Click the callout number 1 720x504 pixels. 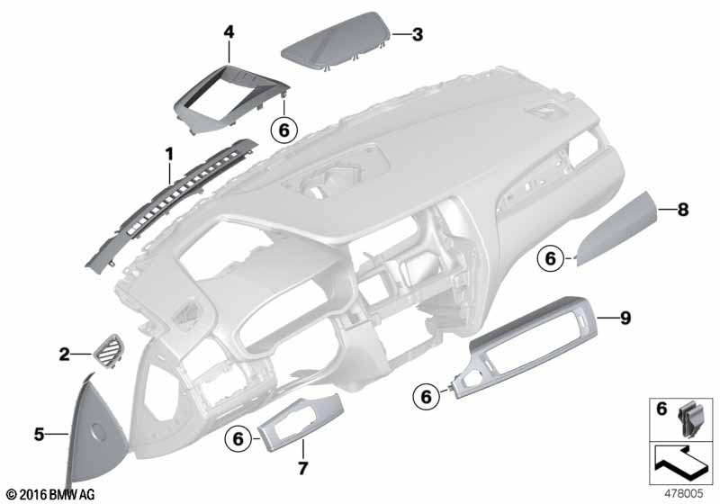(x=169, y=154)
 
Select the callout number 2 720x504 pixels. (x=64, y=354)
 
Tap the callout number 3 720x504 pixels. (x=417, y=34)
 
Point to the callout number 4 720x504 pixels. (x=229, y=32)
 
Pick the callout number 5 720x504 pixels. (x=39, y=434)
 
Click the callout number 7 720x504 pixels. (x=302, y=468)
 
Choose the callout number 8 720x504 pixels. (x=683, y=210)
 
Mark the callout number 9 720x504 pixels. (x=625, y=318)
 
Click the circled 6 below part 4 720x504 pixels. (x=284, y=130)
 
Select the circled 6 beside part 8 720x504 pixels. (x=551, y=258)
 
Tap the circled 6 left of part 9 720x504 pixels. (x=426, y=396)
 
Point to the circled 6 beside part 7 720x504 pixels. (x=238, y=439)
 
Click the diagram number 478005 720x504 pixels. (x=684, y=493)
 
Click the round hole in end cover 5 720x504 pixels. (x=97, y=430)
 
